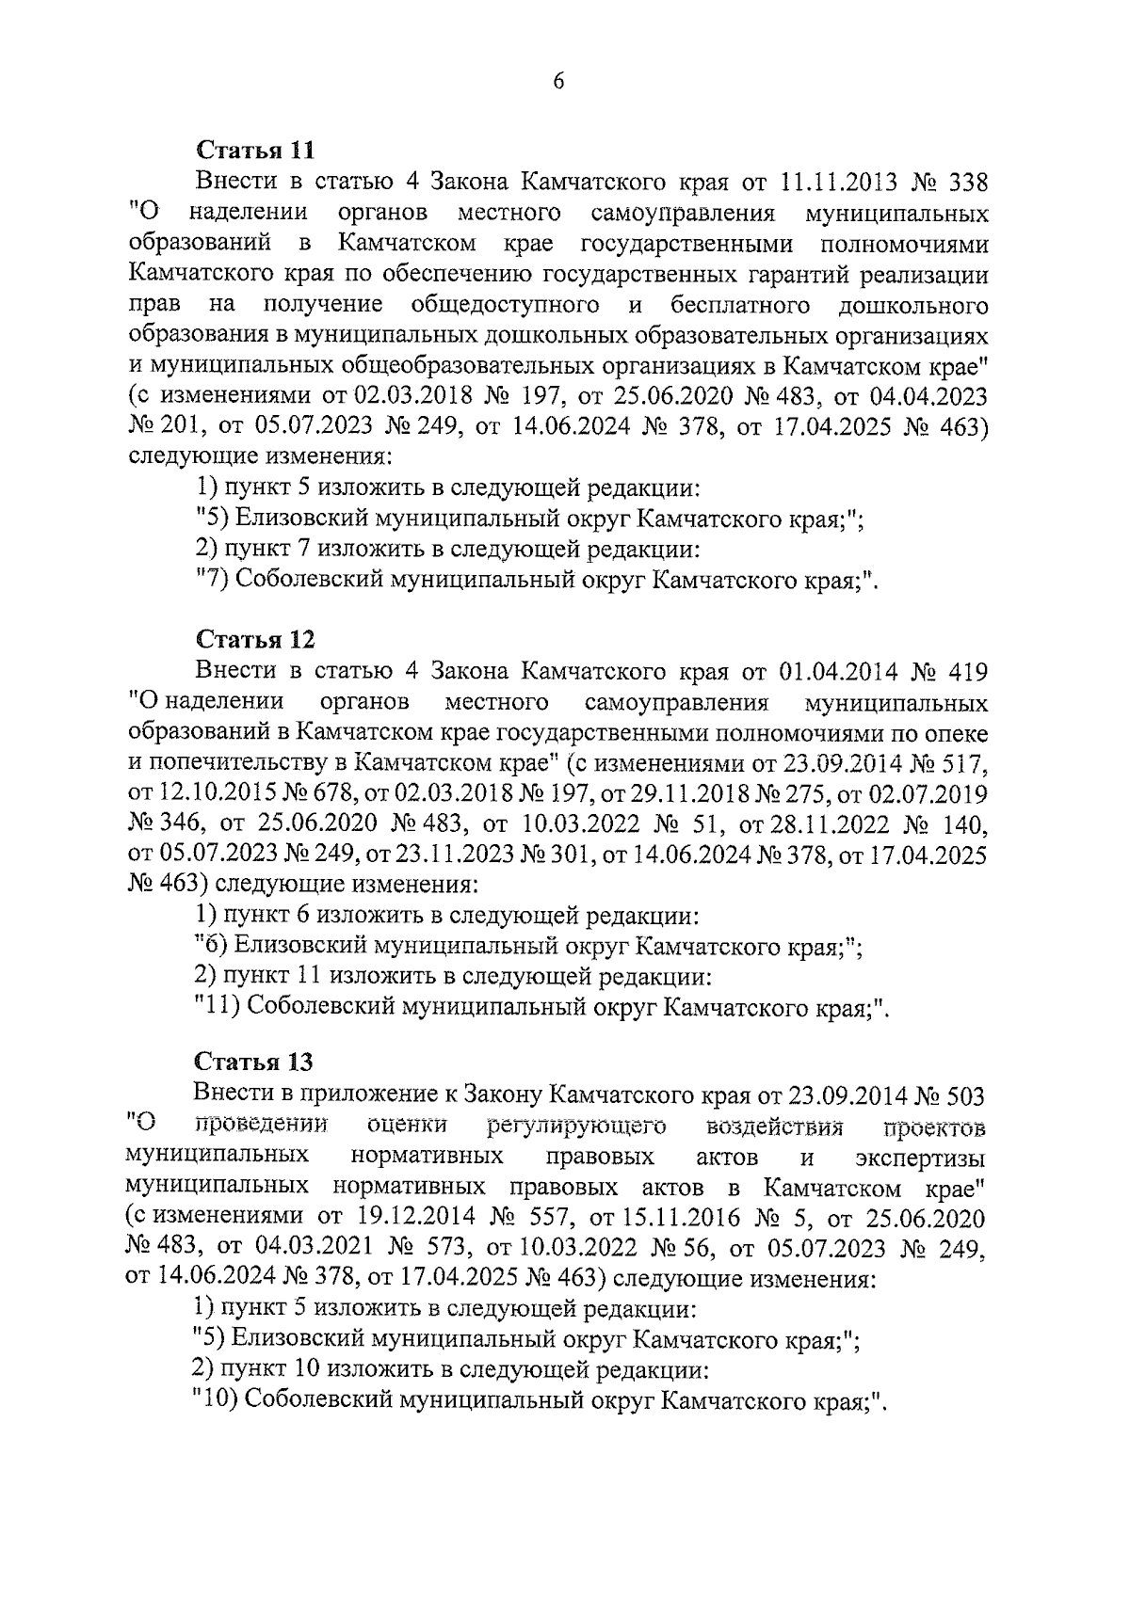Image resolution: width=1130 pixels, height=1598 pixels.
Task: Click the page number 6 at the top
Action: point(557,82)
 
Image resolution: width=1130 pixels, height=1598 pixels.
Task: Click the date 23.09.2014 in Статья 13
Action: point(841,1095)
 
